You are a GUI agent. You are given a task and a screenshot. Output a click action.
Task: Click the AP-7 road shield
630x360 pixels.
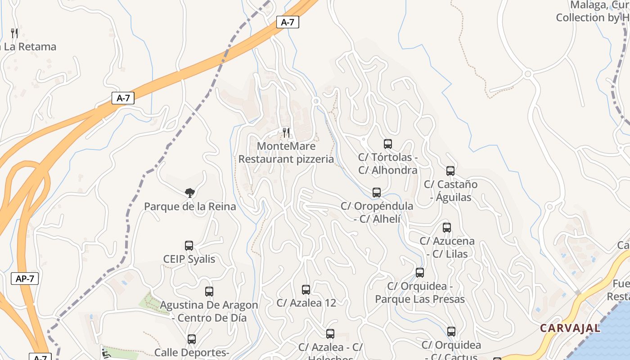pyautogui.click(x=25, y=279)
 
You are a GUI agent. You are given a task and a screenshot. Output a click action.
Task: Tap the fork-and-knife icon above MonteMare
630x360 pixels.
pyautogui.click(x=286, y=132)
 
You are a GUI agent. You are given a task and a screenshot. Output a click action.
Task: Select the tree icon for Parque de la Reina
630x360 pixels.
pyautogui.click(x=190, y=193)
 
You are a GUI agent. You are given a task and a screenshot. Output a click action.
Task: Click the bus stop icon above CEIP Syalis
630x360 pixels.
pyautogui.click(x=189, y=246)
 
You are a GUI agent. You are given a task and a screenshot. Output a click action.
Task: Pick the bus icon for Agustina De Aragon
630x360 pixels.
pyautogui.click(x=209, y=292)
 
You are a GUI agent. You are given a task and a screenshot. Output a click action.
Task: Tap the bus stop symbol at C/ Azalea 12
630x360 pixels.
pyautogui.click(x=306, y=290)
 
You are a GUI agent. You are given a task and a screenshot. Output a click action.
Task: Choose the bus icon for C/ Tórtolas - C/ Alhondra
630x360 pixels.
pyautogui.click(x=388, y=144)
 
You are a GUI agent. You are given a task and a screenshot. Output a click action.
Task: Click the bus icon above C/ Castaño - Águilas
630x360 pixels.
pyautogui.click(x=450, y=171)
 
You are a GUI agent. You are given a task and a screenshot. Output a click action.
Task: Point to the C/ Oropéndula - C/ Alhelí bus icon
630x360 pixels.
pyautogui.click(x=377, y=193)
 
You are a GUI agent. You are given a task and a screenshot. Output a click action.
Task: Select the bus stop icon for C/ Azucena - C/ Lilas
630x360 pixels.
pyautogui.click(x=447, y=228)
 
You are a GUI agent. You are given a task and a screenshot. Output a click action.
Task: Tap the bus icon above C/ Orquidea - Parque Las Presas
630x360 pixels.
pyautogui.click(x=420, y=273)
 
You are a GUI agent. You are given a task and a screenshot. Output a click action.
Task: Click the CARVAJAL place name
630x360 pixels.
pyautogui.click(x=570, y=328)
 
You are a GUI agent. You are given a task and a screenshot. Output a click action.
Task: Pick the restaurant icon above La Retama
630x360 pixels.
pyautogui.click(x=14, y=33)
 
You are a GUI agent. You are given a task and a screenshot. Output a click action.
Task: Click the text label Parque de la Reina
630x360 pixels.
pyautogui.click(x=190, y=207)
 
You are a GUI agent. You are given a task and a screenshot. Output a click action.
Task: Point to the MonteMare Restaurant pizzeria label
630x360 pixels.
pyautogui.click(x=286, y=153)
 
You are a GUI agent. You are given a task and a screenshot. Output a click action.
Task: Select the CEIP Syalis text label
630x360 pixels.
pyautogui.click(x=189, y=259)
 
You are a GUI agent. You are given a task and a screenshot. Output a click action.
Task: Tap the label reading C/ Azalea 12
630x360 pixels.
pyautogui.click(x=306, y=303)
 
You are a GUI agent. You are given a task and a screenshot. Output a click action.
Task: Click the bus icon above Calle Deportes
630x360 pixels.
pyautogui.click(x=192, y=339)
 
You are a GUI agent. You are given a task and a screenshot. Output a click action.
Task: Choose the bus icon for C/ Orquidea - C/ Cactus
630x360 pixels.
pyautogui.click(x=451, y=332)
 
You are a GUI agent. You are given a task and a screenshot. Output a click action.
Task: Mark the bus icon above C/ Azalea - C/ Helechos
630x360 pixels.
pyautogui.click(x=330, y=334)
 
